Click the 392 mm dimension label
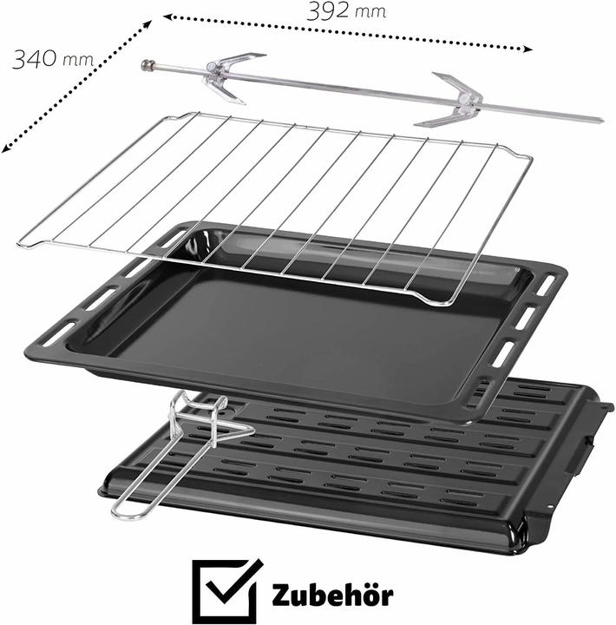click(346, 11)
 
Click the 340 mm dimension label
click(53, 59)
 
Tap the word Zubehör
click(332, 595)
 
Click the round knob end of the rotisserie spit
click(148, 65)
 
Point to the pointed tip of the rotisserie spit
click(601, 120)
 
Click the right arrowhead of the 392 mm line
click(528, 49)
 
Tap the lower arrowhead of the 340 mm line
click(5, 148)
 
